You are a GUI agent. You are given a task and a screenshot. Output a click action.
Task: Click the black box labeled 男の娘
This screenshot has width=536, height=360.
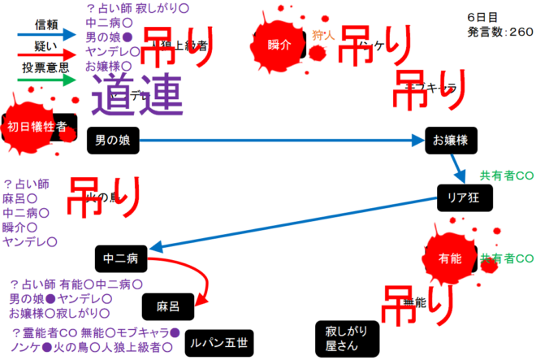[x=113, y=141]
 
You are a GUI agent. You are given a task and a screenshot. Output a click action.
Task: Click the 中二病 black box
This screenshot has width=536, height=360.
[x=120, y=259]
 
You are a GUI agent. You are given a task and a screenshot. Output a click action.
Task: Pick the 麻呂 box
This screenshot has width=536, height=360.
[x=168, y=306]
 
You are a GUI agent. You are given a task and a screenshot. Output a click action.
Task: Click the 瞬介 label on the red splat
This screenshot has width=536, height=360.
[x=279, y=45]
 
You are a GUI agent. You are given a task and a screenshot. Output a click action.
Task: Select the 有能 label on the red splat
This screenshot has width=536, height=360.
[x=449, y=258]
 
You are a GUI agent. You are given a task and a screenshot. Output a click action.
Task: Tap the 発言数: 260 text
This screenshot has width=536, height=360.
[x=500, y=32]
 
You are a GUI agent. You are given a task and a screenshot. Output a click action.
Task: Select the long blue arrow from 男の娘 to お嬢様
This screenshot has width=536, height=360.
[x=280, y=141]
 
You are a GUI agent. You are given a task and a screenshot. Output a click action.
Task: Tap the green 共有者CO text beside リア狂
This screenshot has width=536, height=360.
[x=507, y=176]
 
